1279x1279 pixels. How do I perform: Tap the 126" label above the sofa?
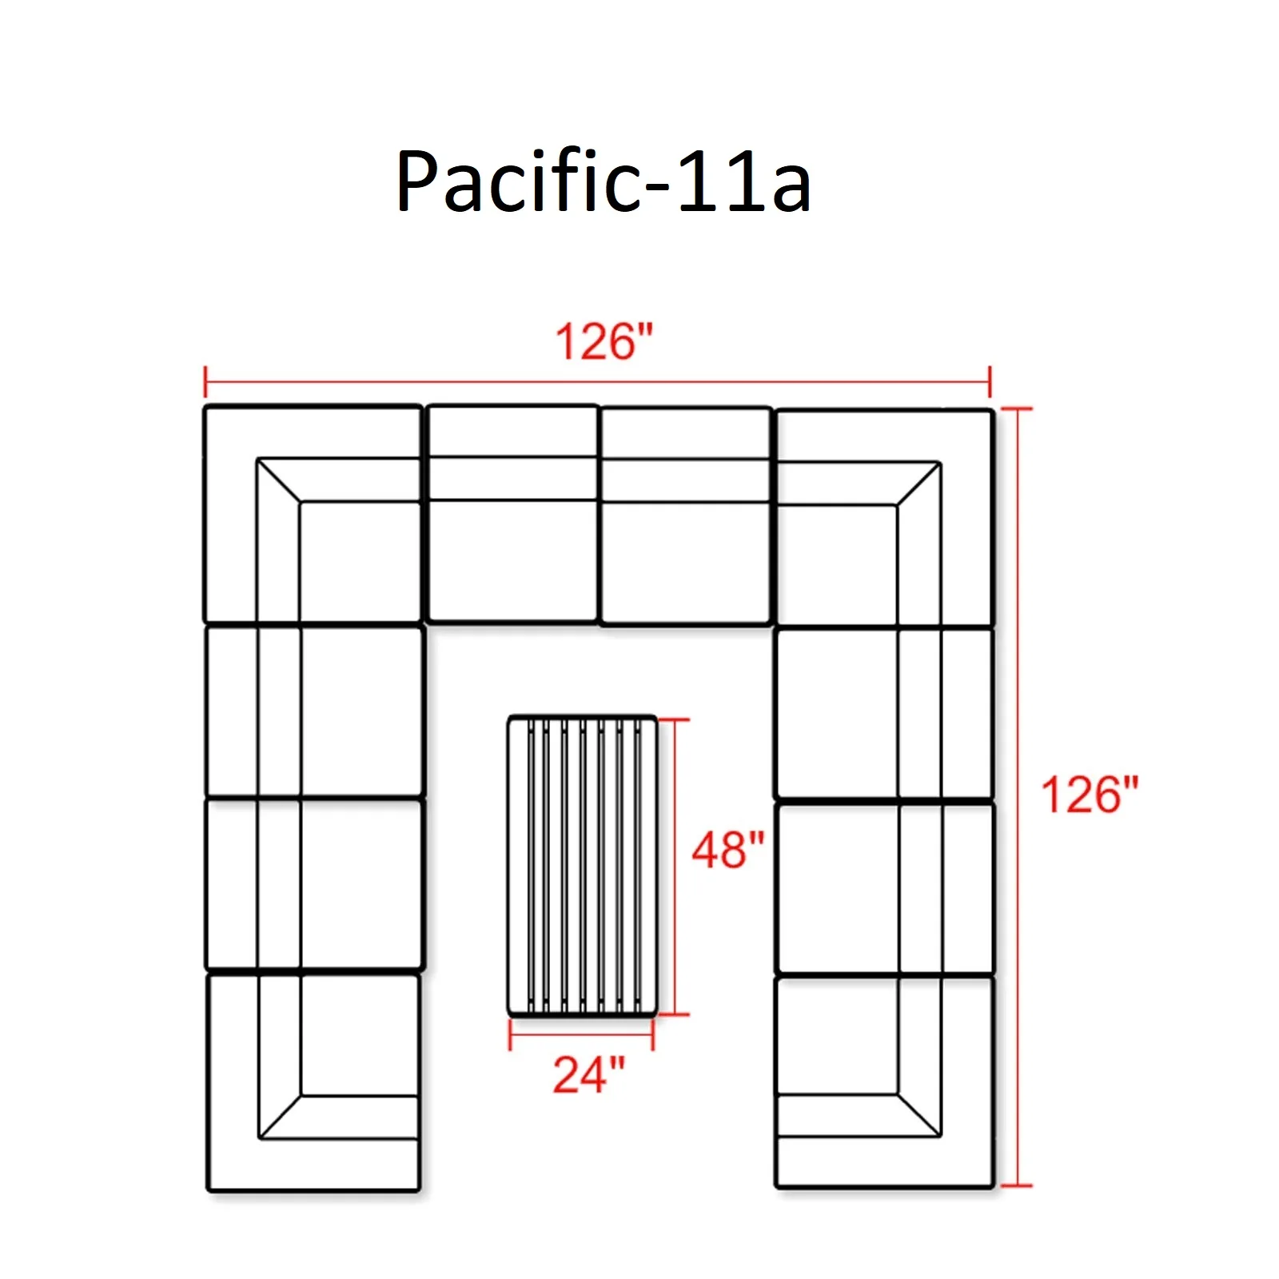coord(604,342)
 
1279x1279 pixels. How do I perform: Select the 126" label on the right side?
coord(1089,795)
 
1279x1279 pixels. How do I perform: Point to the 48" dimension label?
coord(727,850)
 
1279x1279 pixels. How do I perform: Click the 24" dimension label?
coord(588,1074)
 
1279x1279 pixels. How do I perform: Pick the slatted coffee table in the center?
coord(583,866)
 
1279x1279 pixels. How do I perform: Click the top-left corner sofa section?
coord(313,514)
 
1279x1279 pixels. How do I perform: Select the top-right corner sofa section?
coord(885,517)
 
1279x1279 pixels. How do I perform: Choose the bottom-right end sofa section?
coord(885,1081)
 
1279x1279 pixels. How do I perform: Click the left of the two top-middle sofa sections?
coord(512,514)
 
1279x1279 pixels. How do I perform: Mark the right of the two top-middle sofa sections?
coord(686,516)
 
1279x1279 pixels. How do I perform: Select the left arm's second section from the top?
coord(313,711)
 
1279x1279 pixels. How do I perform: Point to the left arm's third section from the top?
coord(313,884)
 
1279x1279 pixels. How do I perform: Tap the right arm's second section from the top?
coord(885,713)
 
